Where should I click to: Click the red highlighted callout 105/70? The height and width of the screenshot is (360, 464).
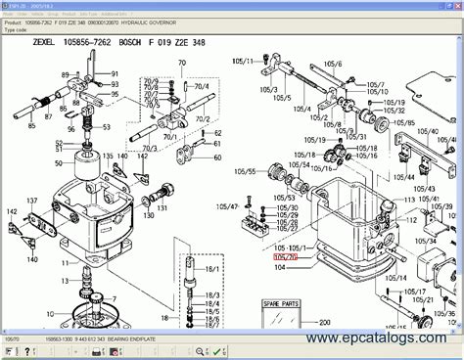coord(287,256)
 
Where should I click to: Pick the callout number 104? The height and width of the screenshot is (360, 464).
coord(280,266)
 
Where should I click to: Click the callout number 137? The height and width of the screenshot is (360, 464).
coord(32,201)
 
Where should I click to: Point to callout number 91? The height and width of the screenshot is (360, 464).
coord(114,74)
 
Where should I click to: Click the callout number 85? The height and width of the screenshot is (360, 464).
coord(32,126)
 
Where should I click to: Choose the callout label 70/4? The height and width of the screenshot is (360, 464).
coord(202,86)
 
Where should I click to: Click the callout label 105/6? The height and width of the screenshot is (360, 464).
coord(334,64)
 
